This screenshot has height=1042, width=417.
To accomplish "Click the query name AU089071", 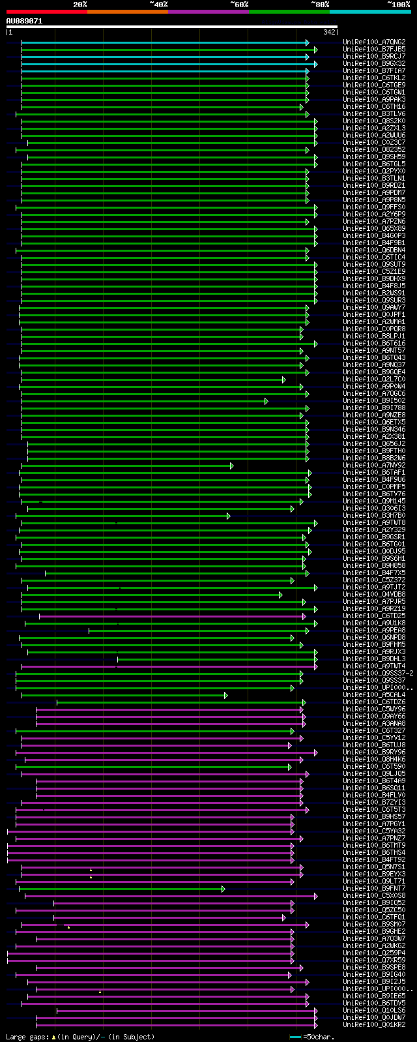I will click(x=25, y=21).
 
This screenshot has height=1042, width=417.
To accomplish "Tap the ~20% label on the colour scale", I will click(x=80, y=5).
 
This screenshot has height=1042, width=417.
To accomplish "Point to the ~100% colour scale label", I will click(x=398, y=5).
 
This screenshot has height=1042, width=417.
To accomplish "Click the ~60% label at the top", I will click(x=239, y=5).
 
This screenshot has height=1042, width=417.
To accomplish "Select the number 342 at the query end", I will click(x=328, y=32).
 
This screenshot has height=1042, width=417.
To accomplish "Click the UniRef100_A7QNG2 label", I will click(x=374, y=42).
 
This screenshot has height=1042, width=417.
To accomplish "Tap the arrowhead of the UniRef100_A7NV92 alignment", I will click(x=231, y=466).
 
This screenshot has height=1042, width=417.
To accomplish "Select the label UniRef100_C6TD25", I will click(x=374, y=616).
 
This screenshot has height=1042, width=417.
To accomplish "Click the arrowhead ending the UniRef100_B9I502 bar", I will click(x=266, y=401).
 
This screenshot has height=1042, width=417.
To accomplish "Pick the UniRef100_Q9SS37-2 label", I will click(x=378, y=674).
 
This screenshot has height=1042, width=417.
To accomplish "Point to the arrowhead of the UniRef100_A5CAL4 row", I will click(x=226, y=695).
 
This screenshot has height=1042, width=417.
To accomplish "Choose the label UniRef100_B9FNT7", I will click(x=374, y=889).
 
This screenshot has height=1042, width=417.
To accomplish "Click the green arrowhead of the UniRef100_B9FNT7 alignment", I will click(x=223, y=889).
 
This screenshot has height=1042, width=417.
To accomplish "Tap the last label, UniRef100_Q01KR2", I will click(x=374, y=1025).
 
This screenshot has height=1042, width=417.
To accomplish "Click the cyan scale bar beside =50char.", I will click(x=296, y=1037).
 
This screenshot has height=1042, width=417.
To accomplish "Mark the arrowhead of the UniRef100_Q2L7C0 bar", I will click(x=283, y=380).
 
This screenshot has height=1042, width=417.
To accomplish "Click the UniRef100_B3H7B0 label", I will click(x=374, y=516).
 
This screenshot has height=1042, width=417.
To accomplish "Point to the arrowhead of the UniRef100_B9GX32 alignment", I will click(x=315, y=64).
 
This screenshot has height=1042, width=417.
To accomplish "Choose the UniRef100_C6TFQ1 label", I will click(x=374, y=917).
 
